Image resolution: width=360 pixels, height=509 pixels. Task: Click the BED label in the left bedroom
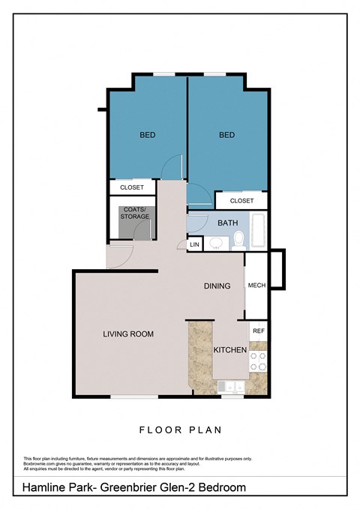tap(148, 136)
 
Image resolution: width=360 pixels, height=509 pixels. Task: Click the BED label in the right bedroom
tap(227, 136)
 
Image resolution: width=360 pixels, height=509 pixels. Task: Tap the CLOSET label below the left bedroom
tap(132, 187)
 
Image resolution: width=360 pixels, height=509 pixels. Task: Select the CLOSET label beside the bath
tap(241, 201)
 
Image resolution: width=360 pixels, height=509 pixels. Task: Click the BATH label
tap(227, 223)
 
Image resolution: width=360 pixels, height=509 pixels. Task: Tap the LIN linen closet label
tap(194, 244)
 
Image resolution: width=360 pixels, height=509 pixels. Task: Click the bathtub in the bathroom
tap(257, 232)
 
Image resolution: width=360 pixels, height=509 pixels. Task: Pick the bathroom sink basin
tap(216, 242)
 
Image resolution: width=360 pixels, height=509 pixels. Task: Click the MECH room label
tap(256, 286)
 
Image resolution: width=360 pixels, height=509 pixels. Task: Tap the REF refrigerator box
tap(258, 331)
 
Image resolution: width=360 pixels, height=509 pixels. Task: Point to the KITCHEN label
tap(230, 350)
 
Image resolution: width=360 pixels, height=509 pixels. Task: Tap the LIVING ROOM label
tap(128, 334)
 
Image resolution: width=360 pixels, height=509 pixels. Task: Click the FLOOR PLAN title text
tap(180, 430)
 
